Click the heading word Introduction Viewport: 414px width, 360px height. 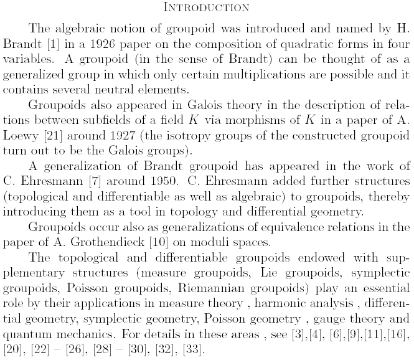(207, 7)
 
